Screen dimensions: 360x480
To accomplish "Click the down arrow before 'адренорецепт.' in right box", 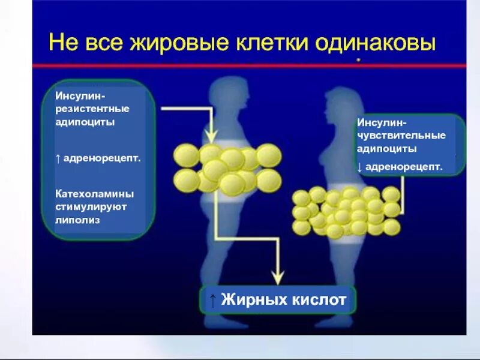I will coord(360,167).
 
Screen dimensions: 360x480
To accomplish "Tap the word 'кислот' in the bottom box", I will coord(318,299).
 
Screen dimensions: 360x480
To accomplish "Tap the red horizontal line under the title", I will coord(240,65).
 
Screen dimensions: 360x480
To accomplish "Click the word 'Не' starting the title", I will coord(61,43).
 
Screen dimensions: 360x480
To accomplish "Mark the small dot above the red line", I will coord(358,60).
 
